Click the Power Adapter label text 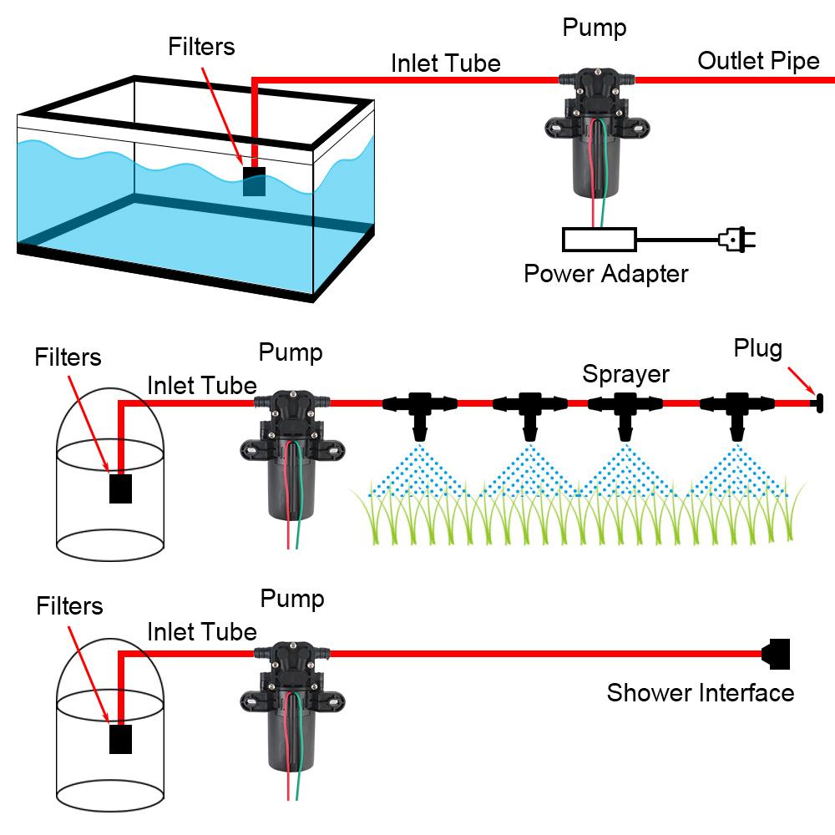[x=605, y=274]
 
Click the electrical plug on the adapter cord [x=737, y=240]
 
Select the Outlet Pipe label [x=758, y=61]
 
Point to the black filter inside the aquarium [x=254, y=181]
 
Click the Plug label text [x=757, y=348]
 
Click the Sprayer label [x=625, y=373]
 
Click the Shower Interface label [x=700, y=692]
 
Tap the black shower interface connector [x=777, y=654]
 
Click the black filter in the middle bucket [x=121, y=488]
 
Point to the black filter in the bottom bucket [x=121, y=739]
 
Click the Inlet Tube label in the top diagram [x=446, y=63]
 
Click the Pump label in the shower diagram [x=291, y=599]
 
